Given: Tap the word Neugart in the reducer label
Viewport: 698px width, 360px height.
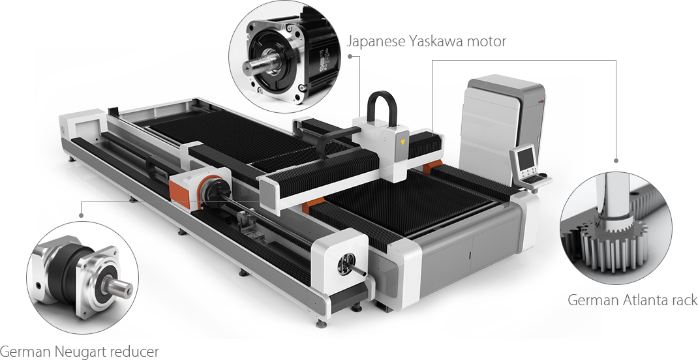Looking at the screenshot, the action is pos(86,352).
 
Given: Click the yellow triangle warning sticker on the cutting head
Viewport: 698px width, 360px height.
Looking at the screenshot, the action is pos(403,142).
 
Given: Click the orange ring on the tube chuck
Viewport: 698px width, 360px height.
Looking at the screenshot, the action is pos(204,190).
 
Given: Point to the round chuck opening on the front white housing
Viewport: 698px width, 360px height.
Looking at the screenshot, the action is pos(348,262).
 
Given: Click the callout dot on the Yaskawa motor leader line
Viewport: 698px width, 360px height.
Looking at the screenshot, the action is pos(350,56).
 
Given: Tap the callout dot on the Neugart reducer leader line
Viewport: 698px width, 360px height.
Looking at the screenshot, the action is pos(81,215).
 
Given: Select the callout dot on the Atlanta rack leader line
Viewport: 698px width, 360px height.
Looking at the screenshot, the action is pos(616,160).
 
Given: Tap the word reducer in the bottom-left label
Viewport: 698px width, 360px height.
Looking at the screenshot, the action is pos(138,352).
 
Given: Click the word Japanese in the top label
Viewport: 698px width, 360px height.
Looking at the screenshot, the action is pos(376,42).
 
